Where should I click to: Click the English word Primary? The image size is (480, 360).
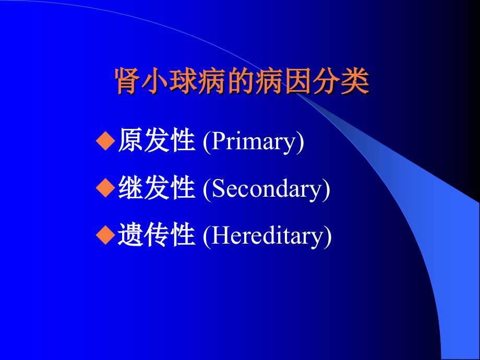(x=254, y=142)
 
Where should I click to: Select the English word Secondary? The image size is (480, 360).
(x=267, y=189)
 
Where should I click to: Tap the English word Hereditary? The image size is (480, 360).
(x=267, y=236)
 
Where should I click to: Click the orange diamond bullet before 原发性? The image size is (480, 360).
(x=105, y=141)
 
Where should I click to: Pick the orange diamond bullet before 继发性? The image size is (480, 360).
(x=105, y=188)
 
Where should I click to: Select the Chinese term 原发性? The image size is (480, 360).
(x=156, y=141)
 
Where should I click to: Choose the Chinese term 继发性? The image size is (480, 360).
(x=156, y=188)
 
